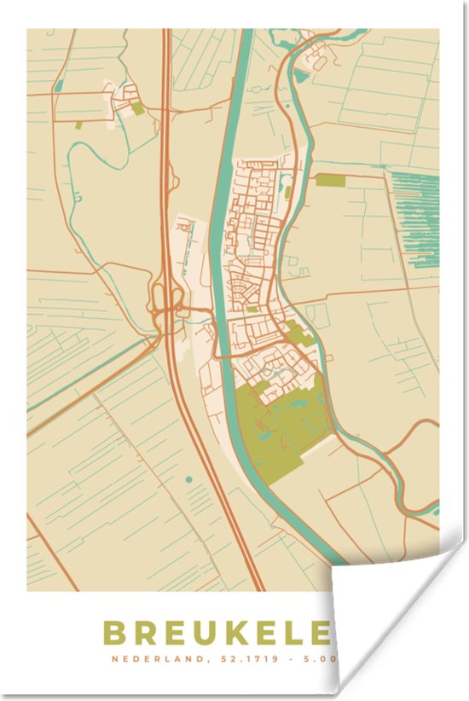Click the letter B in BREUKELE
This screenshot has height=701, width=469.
point(114,634)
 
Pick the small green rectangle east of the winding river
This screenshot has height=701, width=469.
point(331,180)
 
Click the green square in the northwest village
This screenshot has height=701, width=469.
point(137,108)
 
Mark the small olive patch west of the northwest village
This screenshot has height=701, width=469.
point(79,125)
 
